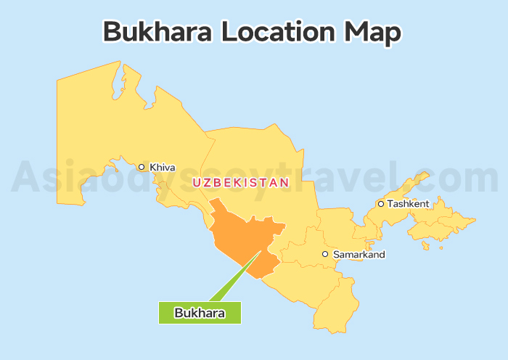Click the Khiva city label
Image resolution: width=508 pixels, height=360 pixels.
pos(163,168)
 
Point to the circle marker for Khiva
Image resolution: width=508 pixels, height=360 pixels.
pos(142,167)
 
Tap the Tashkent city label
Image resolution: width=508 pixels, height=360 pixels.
pos(408,204)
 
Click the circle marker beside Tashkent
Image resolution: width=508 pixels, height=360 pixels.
pos(381,204)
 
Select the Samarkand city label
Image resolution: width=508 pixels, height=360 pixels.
pos(359,255)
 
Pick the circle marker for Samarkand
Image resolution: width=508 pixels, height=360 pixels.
pos(326,255)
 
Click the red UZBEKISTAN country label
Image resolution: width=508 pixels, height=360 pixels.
pos(240,182)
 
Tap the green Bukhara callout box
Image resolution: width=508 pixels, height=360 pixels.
pos(200,313)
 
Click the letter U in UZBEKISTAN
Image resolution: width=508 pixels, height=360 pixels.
pos(196,182)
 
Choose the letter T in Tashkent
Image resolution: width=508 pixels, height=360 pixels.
pos(390,204)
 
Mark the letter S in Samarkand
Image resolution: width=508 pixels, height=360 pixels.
pos(336,255)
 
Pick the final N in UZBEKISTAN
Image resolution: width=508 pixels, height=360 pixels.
pos(284,182)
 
